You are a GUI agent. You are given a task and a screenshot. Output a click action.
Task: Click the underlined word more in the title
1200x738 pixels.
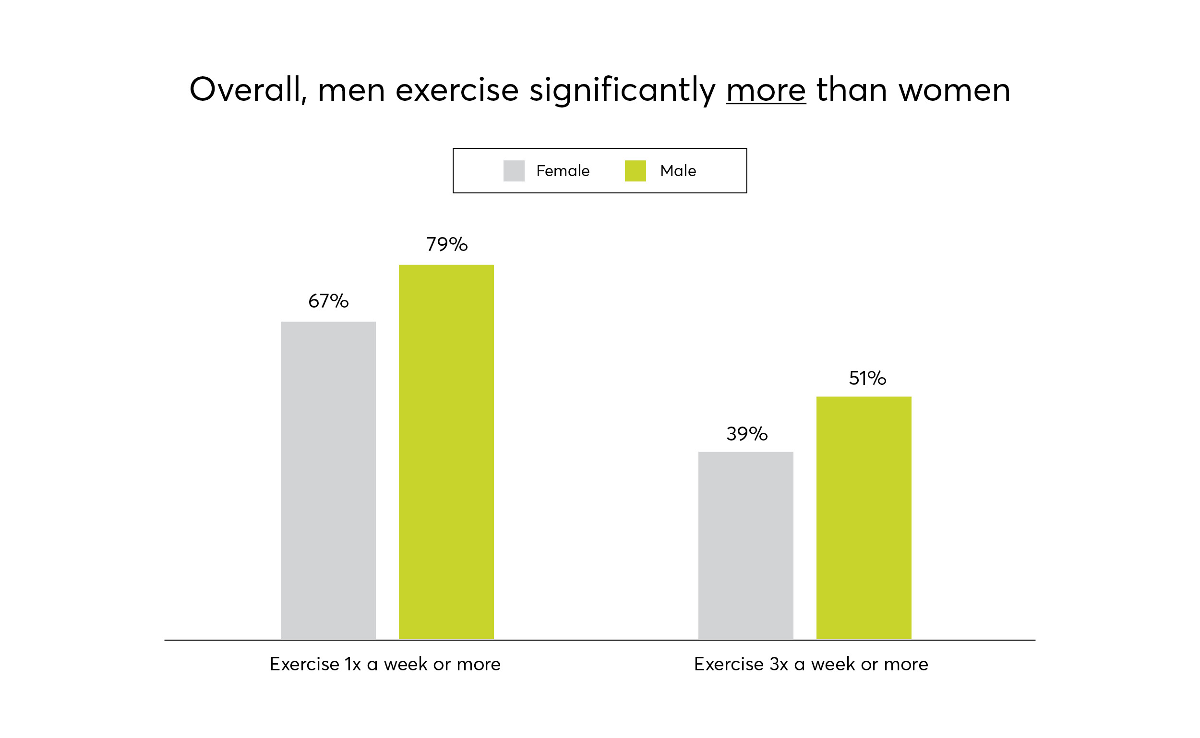pos(766,91)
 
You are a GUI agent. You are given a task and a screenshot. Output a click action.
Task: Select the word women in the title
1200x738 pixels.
pos(954,91)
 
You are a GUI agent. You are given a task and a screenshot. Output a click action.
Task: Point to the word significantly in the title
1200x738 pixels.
pos(622,91)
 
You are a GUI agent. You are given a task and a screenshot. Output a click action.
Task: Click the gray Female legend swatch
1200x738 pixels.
pos(514,171)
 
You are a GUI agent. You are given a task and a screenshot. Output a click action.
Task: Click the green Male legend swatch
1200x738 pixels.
pos(635,171)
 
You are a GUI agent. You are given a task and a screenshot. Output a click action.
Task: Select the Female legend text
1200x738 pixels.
pos(563,171)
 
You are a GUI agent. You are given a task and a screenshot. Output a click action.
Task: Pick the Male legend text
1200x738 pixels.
pos(678,171)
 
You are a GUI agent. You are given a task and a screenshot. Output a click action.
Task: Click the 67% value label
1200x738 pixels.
pos(328,301)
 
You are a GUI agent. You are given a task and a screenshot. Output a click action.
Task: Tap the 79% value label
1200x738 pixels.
pos(447,245)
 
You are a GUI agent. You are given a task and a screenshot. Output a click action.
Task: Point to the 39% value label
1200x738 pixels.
pos(746,434)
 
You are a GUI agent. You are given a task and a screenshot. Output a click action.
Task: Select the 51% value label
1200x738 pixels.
pos(867,378)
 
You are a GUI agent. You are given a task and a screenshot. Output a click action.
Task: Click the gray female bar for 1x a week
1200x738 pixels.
pos(328,481)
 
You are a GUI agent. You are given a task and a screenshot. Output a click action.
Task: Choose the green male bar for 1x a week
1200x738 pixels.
pos(446,452)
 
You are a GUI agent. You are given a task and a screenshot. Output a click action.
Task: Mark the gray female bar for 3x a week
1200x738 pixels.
pos(745,546)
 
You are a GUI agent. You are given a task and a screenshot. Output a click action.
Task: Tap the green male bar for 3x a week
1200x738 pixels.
pos(864,518)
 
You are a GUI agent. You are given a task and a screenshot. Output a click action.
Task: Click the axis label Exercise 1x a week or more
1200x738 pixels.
pos(384,664)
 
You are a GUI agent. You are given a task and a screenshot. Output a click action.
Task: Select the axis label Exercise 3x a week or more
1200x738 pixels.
pos(811,664)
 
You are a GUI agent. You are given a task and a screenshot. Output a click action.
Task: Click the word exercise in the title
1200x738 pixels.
pos(456,91)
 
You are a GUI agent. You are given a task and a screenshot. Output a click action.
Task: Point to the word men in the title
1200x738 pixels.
pos(351,91)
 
